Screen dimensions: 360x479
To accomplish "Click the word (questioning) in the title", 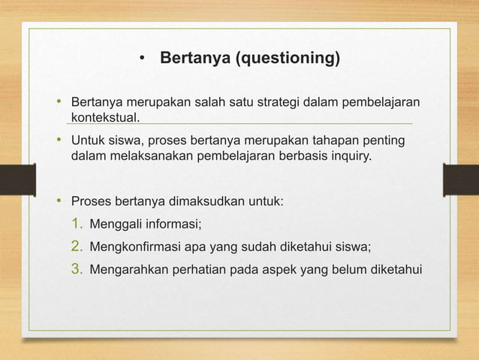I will point(288,59).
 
